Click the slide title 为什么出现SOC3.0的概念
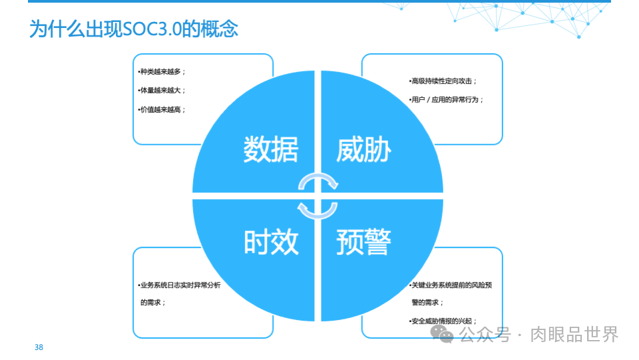pyautogui.click(x=133, y=29)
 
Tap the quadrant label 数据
pyautogui.click(x=270, y=149)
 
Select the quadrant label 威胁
pyautogui.click(x=363, y=149)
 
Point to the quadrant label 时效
pyautogui.click(x=270, y=242)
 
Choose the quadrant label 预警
pyautogui.click(x=363, y=242)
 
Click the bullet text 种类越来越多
pyautogui.click(x=162, y=71)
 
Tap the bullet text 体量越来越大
pyautogui.click(x=162, y=90)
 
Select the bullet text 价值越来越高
pyautogui.click(x=162, y=108)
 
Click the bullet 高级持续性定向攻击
pyautogui.click(x=443, y=81)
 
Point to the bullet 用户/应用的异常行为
pyautogui.click(x=447, y=99)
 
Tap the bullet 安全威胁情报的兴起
pyautogui.click(x=443, y=321)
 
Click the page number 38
pyautogui.click(x=39, y=347)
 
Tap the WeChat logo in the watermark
pyautogui.click(x=442, y=333)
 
